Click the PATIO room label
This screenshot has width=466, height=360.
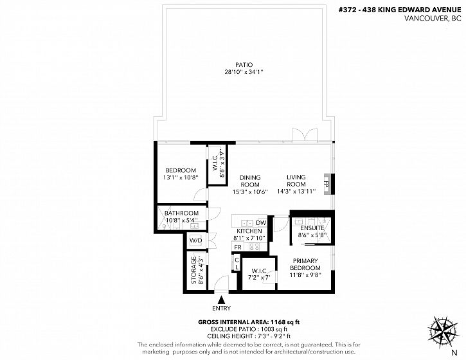pos(244,64)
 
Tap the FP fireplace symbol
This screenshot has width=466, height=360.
pos(327,184)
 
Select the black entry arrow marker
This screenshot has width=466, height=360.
pos(221,299)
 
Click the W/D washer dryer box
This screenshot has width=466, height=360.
pos(196,240)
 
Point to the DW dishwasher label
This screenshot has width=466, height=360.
pos(261,222)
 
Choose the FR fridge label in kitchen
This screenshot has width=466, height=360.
pos(238,247)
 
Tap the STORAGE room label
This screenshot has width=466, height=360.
pos(194,270)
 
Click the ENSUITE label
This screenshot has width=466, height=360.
pos(312,228)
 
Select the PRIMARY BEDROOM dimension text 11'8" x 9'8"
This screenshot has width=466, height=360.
pos(305,275)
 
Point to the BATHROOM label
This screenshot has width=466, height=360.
pos(182,213)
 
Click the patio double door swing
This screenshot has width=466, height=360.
pos(305,135)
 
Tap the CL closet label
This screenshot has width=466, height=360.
pos(237,264)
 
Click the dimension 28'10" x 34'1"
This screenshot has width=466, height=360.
pos(244,71)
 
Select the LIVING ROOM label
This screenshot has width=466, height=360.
pos(296,181)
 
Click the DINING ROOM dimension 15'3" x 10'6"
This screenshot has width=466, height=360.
pos(250,192)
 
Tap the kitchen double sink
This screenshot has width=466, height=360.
pos(247,223)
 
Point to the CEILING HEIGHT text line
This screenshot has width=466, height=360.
pos(249,336)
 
